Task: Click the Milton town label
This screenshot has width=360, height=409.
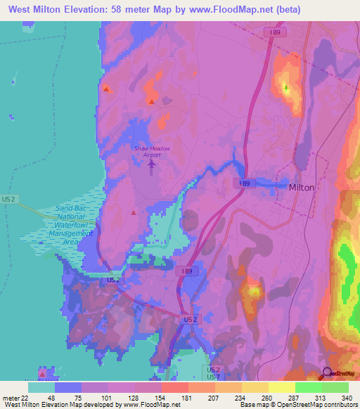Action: click(x=302, y=188)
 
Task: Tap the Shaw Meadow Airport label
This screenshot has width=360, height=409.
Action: click(x=153, y=151)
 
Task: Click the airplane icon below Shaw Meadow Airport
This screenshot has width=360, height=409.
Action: click(x=153, y=164)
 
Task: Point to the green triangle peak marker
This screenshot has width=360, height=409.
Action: click(x=286, y=88)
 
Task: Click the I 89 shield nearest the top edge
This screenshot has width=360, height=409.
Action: click(x=278, y=32)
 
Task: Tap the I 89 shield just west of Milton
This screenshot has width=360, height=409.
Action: click(x=243, y=183)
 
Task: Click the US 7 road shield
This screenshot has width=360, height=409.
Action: click(x=214, y=377)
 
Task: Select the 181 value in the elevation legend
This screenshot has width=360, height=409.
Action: click(x=186, y=396)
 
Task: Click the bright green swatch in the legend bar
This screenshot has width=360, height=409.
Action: click(x=308, y=387)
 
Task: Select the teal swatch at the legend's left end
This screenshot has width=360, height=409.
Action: click(x=41, y=387)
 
